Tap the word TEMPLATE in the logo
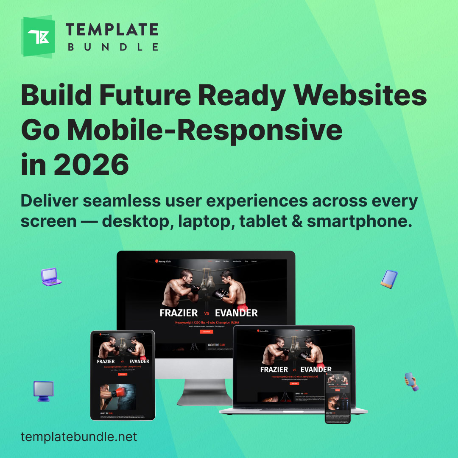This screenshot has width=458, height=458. pos(112,30)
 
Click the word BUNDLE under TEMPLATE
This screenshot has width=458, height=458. pos(113,47)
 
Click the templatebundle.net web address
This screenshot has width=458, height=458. pos(79,437)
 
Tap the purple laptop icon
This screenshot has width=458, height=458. pos(51,276)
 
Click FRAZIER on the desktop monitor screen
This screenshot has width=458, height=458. pos(179,313)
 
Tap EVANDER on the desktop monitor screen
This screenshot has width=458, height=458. pos(236,313)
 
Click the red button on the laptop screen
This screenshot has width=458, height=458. pos(294,383)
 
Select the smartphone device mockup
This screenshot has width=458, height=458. pos(338,397)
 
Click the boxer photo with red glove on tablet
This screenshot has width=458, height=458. pos(118,397)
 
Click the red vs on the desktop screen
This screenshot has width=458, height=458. pos(207,313)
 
